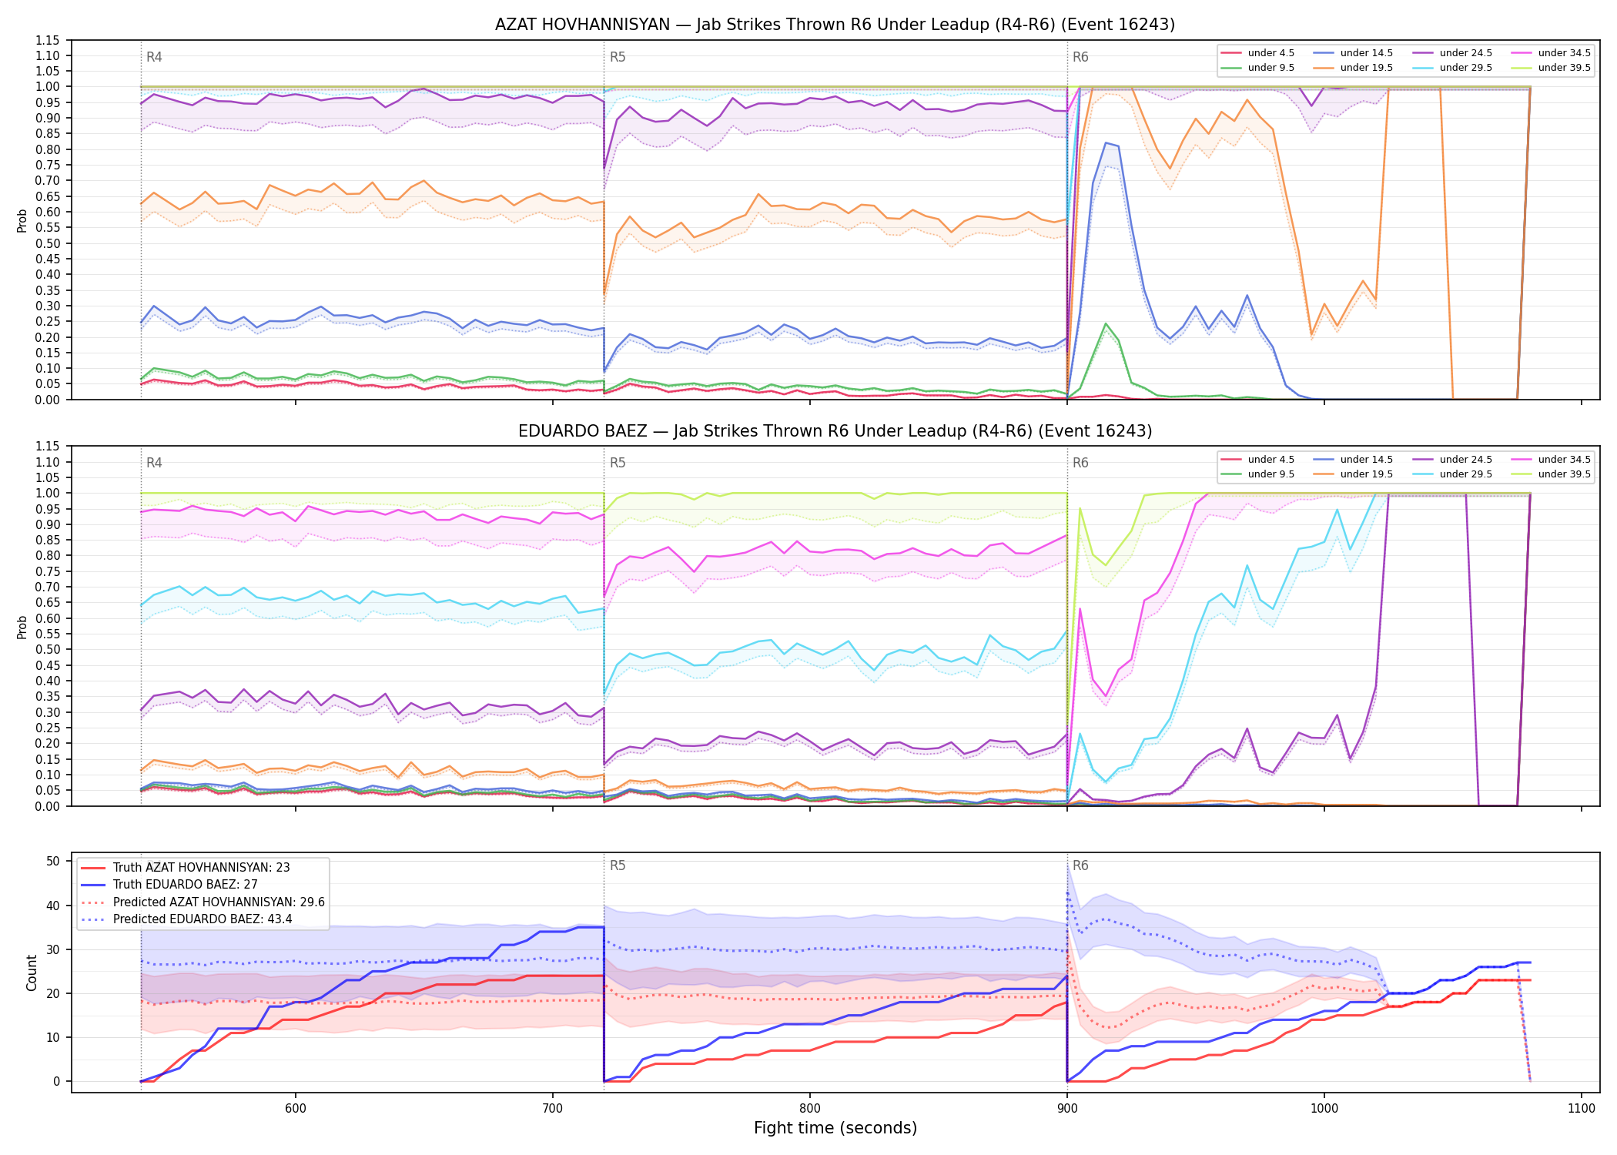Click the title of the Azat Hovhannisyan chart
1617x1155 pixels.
click(x=835, y=25)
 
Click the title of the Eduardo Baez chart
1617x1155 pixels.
click(x=835, y=431)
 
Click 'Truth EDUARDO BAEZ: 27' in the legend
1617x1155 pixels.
click(x=185, y=885)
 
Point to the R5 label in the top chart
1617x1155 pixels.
click(x=618, y=57)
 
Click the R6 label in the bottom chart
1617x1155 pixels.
click(x=1080, y=865)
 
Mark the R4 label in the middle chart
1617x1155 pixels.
click(x=154, y=463)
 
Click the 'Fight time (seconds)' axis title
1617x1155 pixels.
click(x=835, y=1128)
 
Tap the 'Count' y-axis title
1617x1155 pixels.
click(x=32, y=973)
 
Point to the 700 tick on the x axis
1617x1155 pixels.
click(x=553, y=1108)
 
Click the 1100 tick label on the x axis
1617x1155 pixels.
click(x=1581, y=1108)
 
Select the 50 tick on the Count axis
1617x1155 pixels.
click(x=52, y=861)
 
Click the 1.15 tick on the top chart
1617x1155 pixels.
click(x=48, y=40)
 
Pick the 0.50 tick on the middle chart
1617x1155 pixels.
click(x=48, y=649)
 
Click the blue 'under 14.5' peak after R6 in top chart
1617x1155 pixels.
click(x=1106, y=142)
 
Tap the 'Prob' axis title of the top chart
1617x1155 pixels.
click(x=22, y=220)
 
